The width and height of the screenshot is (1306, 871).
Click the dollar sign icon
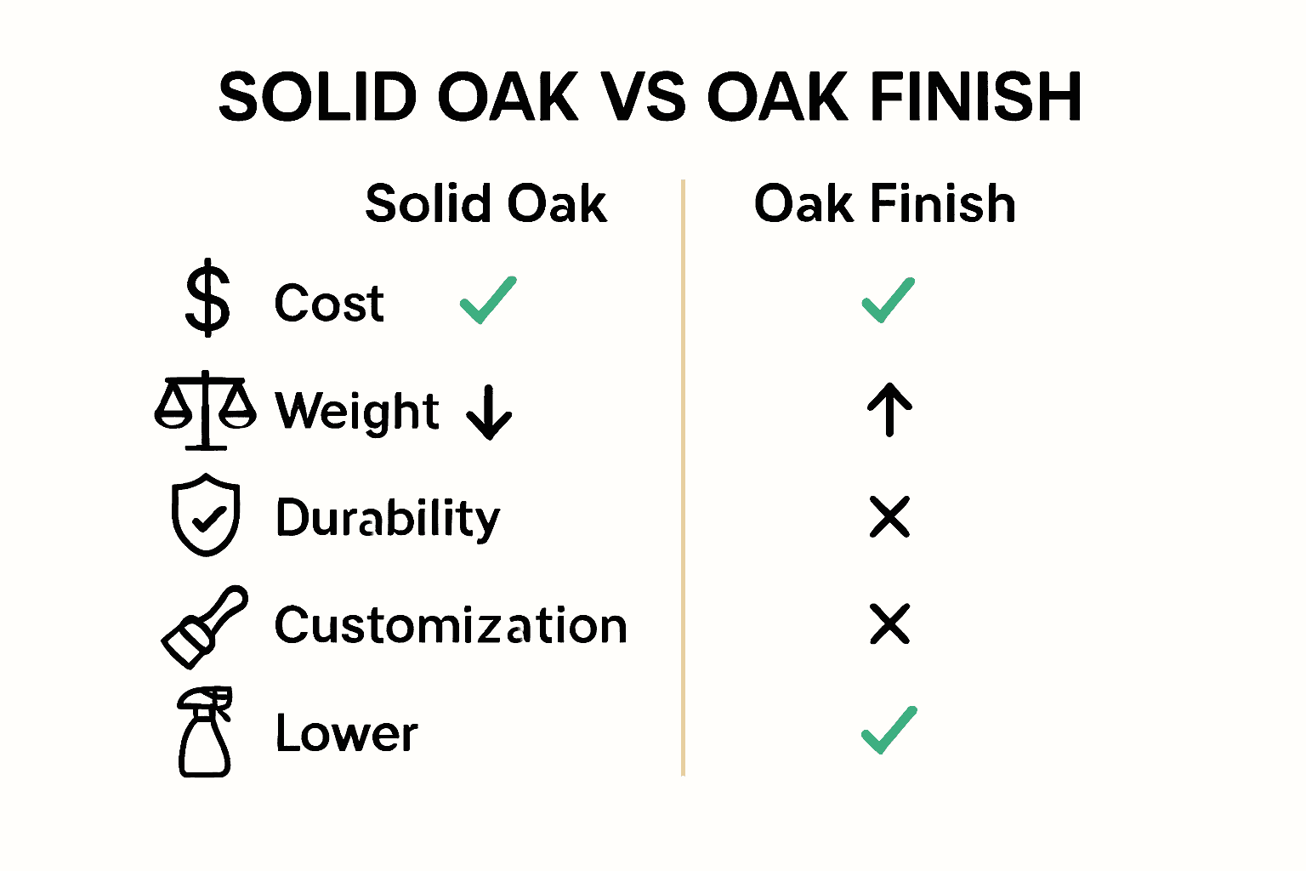click(207, 300)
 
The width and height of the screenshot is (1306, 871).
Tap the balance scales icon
click(205, 410)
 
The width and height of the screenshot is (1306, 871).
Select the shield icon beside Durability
click(206, 515)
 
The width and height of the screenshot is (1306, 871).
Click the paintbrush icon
click(204, 626)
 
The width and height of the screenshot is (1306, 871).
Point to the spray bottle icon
click(205, 732)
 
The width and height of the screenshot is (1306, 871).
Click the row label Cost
click(329, 303)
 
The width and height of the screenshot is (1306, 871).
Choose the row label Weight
click(357, 412)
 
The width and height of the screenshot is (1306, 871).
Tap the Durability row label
click(388, 518)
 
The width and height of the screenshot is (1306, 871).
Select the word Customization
click(451, 626)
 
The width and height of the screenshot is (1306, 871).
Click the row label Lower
click(346, 733)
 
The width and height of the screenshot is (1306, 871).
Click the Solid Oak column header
click(485, 204)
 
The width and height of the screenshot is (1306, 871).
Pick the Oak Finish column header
click(884, 204)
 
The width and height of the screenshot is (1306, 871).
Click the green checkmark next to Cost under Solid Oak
click(488, 300)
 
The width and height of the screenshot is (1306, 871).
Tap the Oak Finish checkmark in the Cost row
click(889, 300)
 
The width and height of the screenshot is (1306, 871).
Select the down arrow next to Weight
click(490, 412)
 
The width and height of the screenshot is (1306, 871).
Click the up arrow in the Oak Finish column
click(889, 409)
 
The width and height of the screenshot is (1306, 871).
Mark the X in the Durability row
click(889, 517)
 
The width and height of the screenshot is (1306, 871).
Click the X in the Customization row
click(889, 624)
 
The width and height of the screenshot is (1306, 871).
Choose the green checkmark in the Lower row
click(889, 731)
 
